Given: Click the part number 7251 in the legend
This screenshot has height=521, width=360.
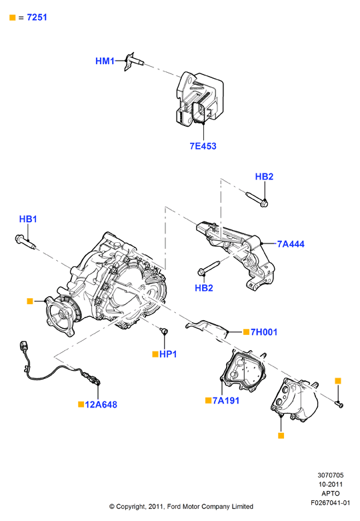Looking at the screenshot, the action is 37,17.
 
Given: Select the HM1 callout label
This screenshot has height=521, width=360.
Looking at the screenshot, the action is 105,61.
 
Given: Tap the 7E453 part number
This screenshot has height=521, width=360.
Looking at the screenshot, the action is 203,146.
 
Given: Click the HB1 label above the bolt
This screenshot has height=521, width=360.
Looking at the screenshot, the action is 28,219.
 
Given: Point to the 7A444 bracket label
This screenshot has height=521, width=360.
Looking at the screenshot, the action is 291,244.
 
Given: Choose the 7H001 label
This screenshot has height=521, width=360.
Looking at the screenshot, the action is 264,332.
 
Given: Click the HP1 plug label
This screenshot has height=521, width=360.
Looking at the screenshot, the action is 168,354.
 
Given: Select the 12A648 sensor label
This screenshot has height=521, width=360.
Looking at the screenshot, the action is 101,405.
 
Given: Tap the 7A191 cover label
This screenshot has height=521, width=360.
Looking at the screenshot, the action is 226,401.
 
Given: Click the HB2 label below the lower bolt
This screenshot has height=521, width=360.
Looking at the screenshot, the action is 204,288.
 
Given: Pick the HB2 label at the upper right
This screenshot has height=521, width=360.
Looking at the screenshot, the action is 264,177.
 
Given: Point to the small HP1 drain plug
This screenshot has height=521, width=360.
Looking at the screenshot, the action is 164,331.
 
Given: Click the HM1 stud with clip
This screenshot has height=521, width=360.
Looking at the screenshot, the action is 134,61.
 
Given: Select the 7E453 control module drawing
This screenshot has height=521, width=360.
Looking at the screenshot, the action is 199,99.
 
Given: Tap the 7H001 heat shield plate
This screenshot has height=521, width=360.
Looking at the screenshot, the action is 207,328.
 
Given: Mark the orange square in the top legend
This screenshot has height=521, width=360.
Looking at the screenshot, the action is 13,17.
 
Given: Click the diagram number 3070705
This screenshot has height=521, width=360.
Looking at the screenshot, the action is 331,476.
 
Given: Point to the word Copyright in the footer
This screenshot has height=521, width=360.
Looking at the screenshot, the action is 131,507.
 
